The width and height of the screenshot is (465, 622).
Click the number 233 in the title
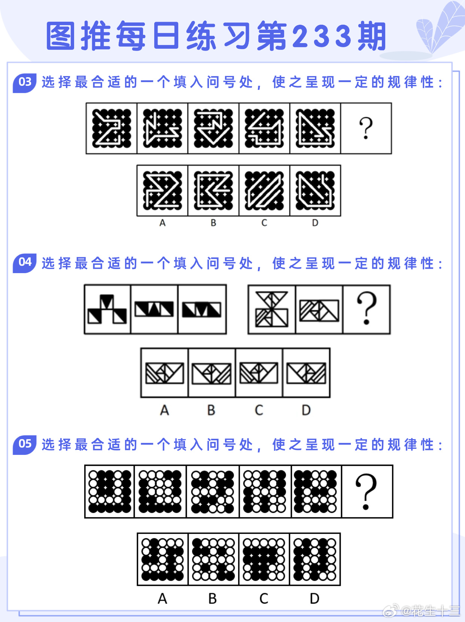pos(322,36)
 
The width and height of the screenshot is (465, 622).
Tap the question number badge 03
pos(25,83)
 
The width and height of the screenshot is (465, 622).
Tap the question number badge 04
pos(25,263)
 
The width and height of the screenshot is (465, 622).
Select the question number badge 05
pos(25,445)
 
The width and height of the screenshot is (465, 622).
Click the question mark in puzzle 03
pos(366,129)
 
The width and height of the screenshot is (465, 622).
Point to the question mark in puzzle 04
pos(367,308)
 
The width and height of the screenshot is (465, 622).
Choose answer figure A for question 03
pos(162,191)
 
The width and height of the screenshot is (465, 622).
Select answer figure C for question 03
pos(264,191)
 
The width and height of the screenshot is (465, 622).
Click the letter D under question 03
pos(315,223)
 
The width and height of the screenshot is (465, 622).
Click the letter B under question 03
pos(213,223)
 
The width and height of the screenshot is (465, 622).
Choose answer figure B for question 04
pos(212,374)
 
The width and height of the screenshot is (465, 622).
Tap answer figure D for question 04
pos(307,373)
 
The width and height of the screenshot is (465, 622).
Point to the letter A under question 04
pos(164,410)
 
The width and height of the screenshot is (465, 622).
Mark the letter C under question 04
pos(259,410)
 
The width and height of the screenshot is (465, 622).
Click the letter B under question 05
pos(213,599)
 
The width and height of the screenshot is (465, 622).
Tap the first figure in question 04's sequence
pos(107,309)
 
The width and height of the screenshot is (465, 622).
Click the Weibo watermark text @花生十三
pos(430,611)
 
